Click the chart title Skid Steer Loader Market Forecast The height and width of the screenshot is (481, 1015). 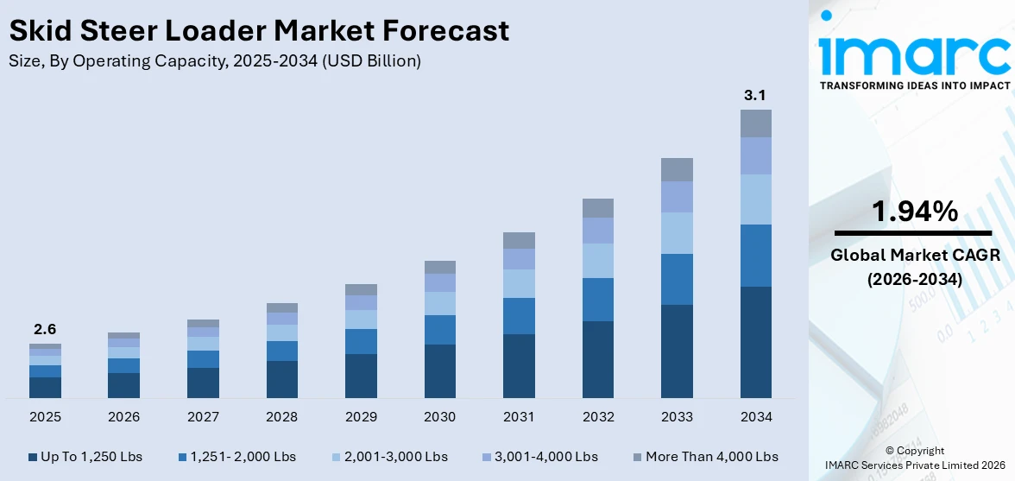click(259, 31)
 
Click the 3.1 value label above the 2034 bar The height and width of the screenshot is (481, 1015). click(755, 95)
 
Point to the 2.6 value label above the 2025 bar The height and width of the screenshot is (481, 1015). click(45, 329)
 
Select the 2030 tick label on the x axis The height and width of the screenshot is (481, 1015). click(439, 417)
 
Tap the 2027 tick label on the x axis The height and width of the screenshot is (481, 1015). click(203, 417)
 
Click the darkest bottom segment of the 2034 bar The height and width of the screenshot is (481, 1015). click(755, 341)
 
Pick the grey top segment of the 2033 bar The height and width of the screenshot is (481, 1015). click(677, 169)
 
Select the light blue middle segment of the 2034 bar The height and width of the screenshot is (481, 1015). click(755, 199)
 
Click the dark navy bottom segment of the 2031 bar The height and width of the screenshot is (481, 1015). click(519, 365)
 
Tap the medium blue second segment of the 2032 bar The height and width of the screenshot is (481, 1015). click(597, 299)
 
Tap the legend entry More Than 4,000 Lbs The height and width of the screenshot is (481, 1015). click(706, 457)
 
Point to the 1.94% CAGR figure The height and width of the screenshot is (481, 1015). click(914, 211)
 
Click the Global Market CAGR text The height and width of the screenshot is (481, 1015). click(914, 255)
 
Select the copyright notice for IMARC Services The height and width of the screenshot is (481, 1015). click(914, 458)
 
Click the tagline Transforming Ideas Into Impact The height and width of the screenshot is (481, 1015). click(914, 85)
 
